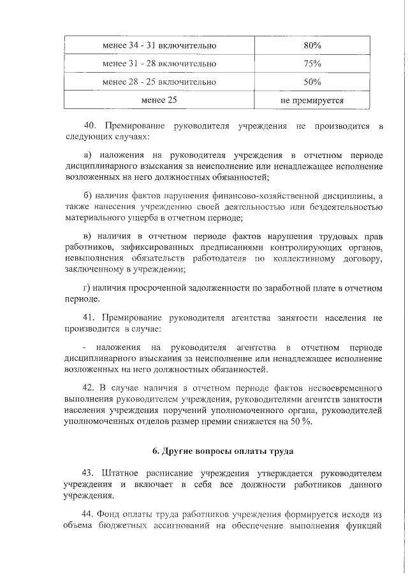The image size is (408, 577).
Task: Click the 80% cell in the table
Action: pyautogui.click(x=312, y=46)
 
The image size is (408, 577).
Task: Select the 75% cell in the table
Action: pyautogui.click(x=312, y=64)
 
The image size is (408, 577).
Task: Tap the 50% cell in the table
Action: pyautogui.click(x=312, y=82)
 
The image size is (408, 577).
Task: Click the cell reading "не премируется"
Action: pyautogui.click(x=312, y=100)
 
